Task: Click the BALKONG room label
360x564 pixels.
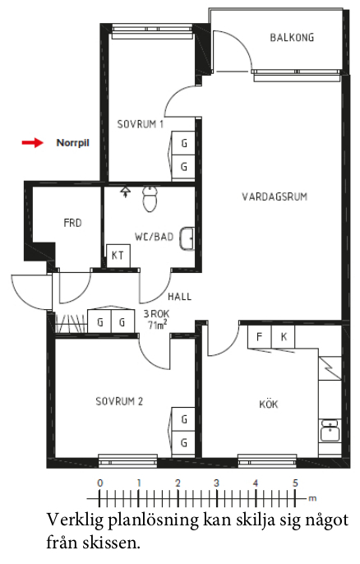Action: coord(292,38)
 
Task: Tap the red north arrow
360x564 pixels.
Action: coord(33,143)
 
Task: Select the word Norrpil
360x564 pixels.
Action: coord(72,143)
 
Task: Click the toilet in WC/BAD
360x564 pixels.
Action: coord(150,199)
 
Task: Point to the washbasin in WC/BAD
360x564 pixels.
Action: coord(187,238)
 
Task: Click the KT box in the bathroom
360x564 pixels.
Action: coord(118,256)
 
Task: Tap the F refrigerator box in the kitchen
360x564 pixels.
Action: coord(259,337)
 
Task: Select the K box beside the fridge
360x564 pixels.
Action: coord(284,337)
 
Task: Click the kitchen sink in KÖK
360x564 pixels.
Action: coord(330,430)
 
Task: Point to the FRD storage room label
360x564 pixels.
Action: coord(72,223)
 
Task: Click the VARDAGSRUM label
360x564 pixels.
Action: coord(275,196)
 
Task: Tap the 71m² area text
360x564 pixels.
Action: coord(157,325)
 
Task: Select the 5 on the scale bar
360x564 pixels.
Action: coord(295,483)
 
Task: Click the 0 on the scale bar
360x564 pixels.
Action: coord(100,483)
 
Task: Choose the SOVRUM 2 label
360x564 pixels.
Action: coord(119,401)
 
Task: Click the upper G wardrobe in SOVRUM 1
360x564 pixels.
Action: coord(184,143)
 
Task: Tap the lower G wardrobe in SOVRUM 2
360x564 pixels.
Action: coord(184,442)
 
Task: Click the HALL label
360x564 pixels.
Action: coord(179,297)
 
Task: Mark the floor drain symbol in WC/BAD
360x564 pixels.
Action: coord(125,192)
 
